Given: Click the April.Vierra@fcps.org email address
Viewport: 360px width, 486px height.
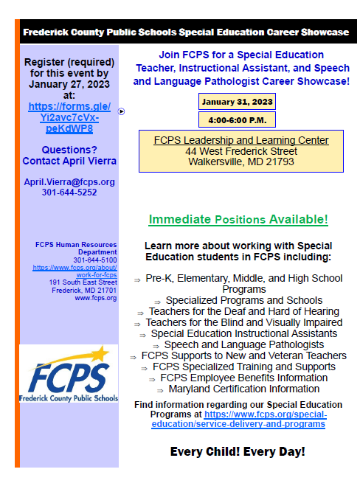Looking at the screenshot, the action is (69, 181).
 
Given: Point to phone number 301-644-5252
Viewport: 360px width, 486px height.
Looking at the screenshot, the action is (69, 192).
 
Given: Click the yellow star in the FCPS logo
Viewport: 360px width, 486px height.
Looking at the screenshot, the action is (95, 355).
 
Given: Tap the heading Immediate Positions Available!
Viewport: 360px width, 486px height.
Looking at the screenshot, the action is (238, 220).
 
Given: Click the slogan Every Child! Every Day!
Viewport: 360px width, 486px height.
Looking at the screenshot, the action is (238, 451).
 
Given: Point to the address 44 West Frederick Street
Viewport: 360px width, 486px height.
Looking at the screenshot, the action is (241, 151).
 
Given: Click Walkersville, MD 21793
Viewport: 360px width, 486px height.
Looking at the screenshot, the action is (241, 162).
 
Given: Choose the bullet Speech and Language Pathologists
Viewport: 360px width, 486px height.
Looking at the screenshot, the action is (244, 344).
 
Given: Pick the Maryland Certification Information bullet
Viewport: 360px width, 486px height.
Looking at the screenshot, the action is (243, 389).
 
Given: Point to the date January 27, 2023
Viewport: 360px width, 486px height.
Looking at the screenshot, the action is (69, 84).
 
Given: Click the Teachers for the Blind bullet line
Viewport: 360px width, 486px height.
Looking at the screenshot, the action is (243, 322).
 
